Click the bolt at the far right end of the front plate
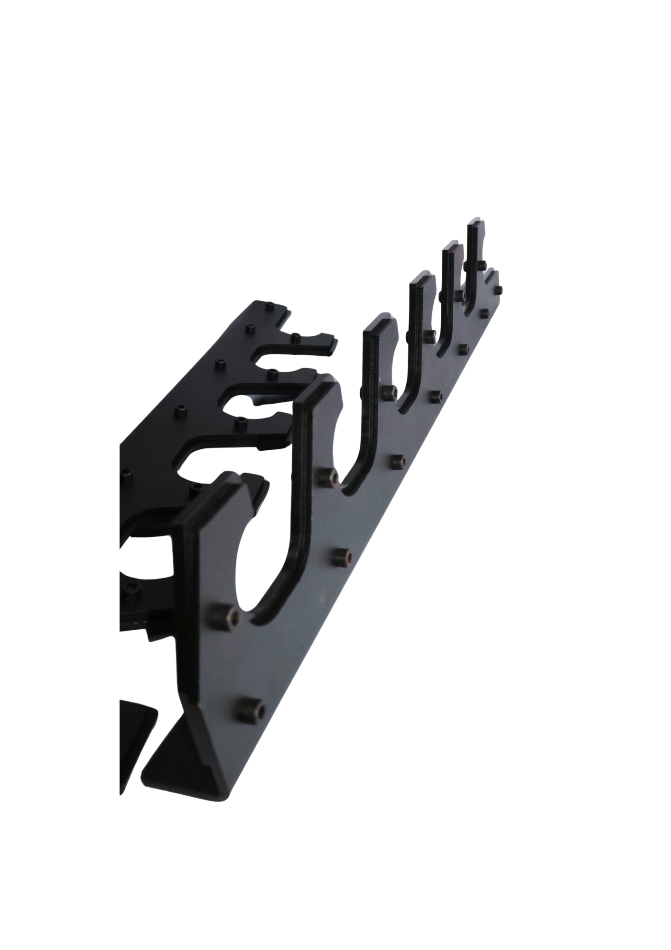(499, 289)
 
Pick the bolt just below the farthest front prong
(481, 264)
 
